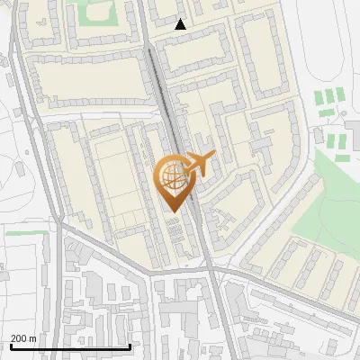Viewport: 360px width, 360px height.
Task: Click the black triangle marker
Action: coord(181,25)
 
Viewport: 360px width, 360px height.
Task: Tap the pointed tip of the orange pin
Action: coord(174,211)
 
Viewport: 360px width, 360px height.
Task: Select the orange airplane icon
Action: coord(199,165)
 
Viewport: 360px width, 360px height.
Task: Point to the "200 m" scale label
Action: coord(23,337)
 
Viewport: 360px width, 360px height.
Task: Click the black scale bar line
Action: coord(70,346)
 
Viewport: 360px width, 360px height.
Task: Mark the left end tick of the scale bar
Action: coord(11,346)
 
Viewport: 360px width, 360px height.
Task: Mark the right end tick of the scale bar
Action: coord(130,346)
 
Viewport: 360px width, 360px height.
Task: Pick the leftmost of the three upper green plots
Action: coord(319,96)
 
